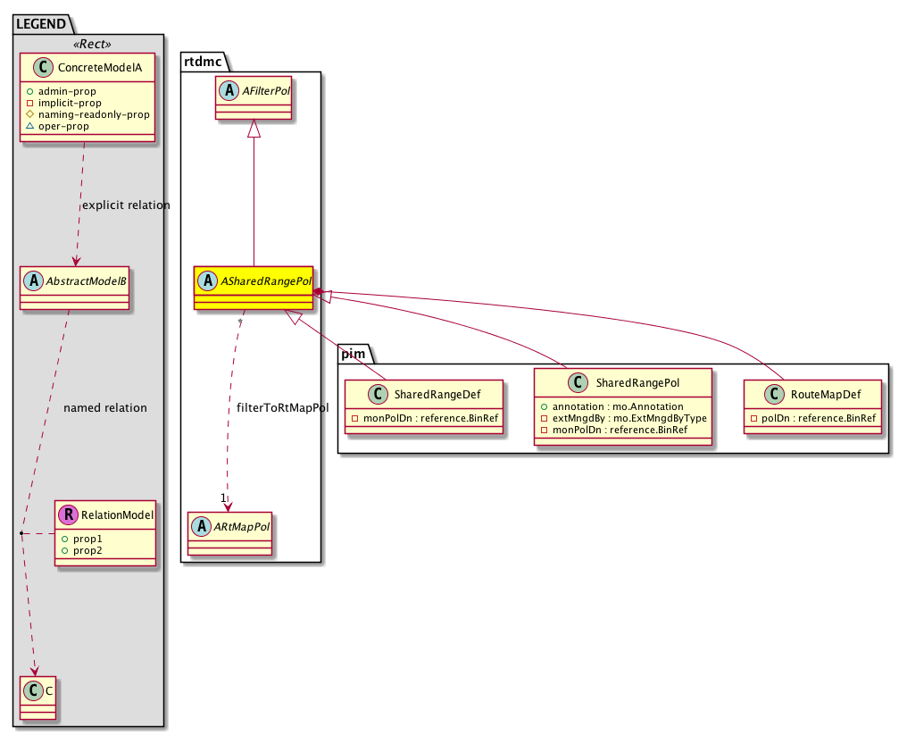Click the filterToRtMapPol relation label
283,408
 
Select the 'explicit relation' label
125,205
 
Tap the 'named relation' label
105,408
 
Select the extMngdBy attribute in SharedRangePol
629,418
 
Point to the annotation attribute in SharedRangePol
617,406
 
